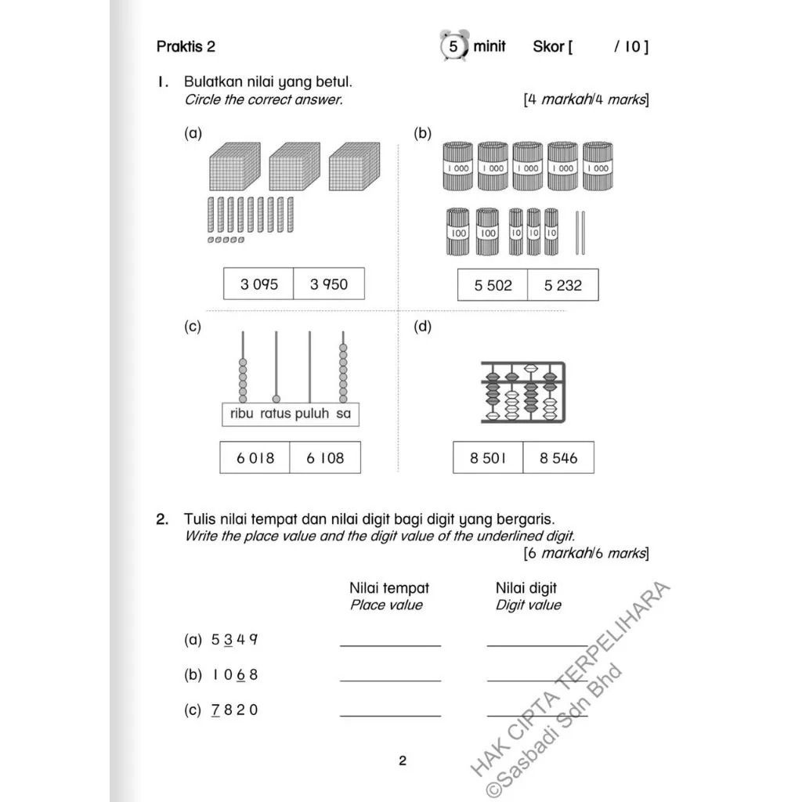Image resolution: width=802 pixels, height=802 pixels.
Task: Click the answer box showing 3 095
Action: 258,284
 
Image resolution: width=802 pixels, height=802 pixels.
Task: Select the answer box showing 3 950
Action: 328,284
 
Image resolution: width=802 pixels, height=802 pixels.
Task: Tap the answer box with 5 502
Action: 493,286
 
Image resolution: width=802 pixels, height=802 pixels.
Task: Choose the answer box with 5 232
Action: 562,286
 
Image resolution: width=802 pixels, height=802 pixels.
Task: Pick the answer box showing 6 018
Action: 255,458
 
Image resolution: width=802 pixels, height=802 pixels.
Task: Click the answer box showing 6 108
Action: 325,458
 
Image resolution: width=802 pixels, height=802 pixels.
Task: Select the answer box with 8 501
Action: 488,458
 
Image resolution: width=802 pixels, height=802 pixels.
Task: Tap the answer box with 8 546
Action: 558,458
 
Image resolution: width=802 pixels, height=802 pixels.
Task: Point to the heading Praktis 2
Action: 186,46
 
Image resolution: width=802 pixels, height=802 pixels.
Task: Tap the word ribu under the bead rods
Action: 242,414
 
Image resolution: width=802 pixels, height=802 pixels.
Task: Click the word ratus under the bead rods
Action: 276,414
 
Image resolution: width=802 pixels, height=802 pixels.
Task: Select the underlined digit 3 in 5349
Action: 228,639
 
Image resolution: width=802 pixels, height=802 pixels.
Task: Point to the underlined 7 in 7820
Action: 215,710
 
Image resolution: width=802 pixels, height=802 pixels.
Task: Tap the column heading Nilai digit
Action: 526,587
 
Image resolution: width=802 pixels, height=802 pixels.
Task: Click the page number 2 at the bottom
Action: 403,760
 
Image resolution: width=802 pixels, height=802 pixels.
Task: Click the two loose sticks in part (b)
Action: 580,233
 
